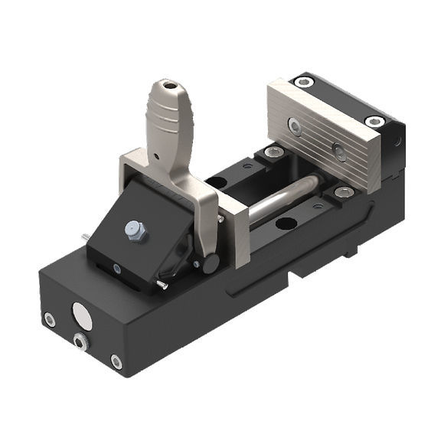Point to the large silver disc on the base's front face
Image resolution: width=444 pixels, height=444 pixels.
point(80,315)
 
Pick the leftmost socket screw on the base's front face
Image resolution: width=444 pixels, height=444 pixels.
point(49,321)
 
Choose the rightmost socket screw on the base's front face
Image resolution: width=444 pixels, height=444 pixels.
point(116,361)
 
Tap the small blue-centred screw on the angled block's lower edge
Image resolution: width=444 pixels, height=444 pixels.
point(115,269)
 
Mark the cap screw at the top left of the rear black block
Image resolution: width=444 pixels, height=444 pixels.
point(305,82)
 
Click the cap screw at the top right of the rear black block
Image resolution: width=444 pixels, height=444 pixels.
point(374,121)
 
